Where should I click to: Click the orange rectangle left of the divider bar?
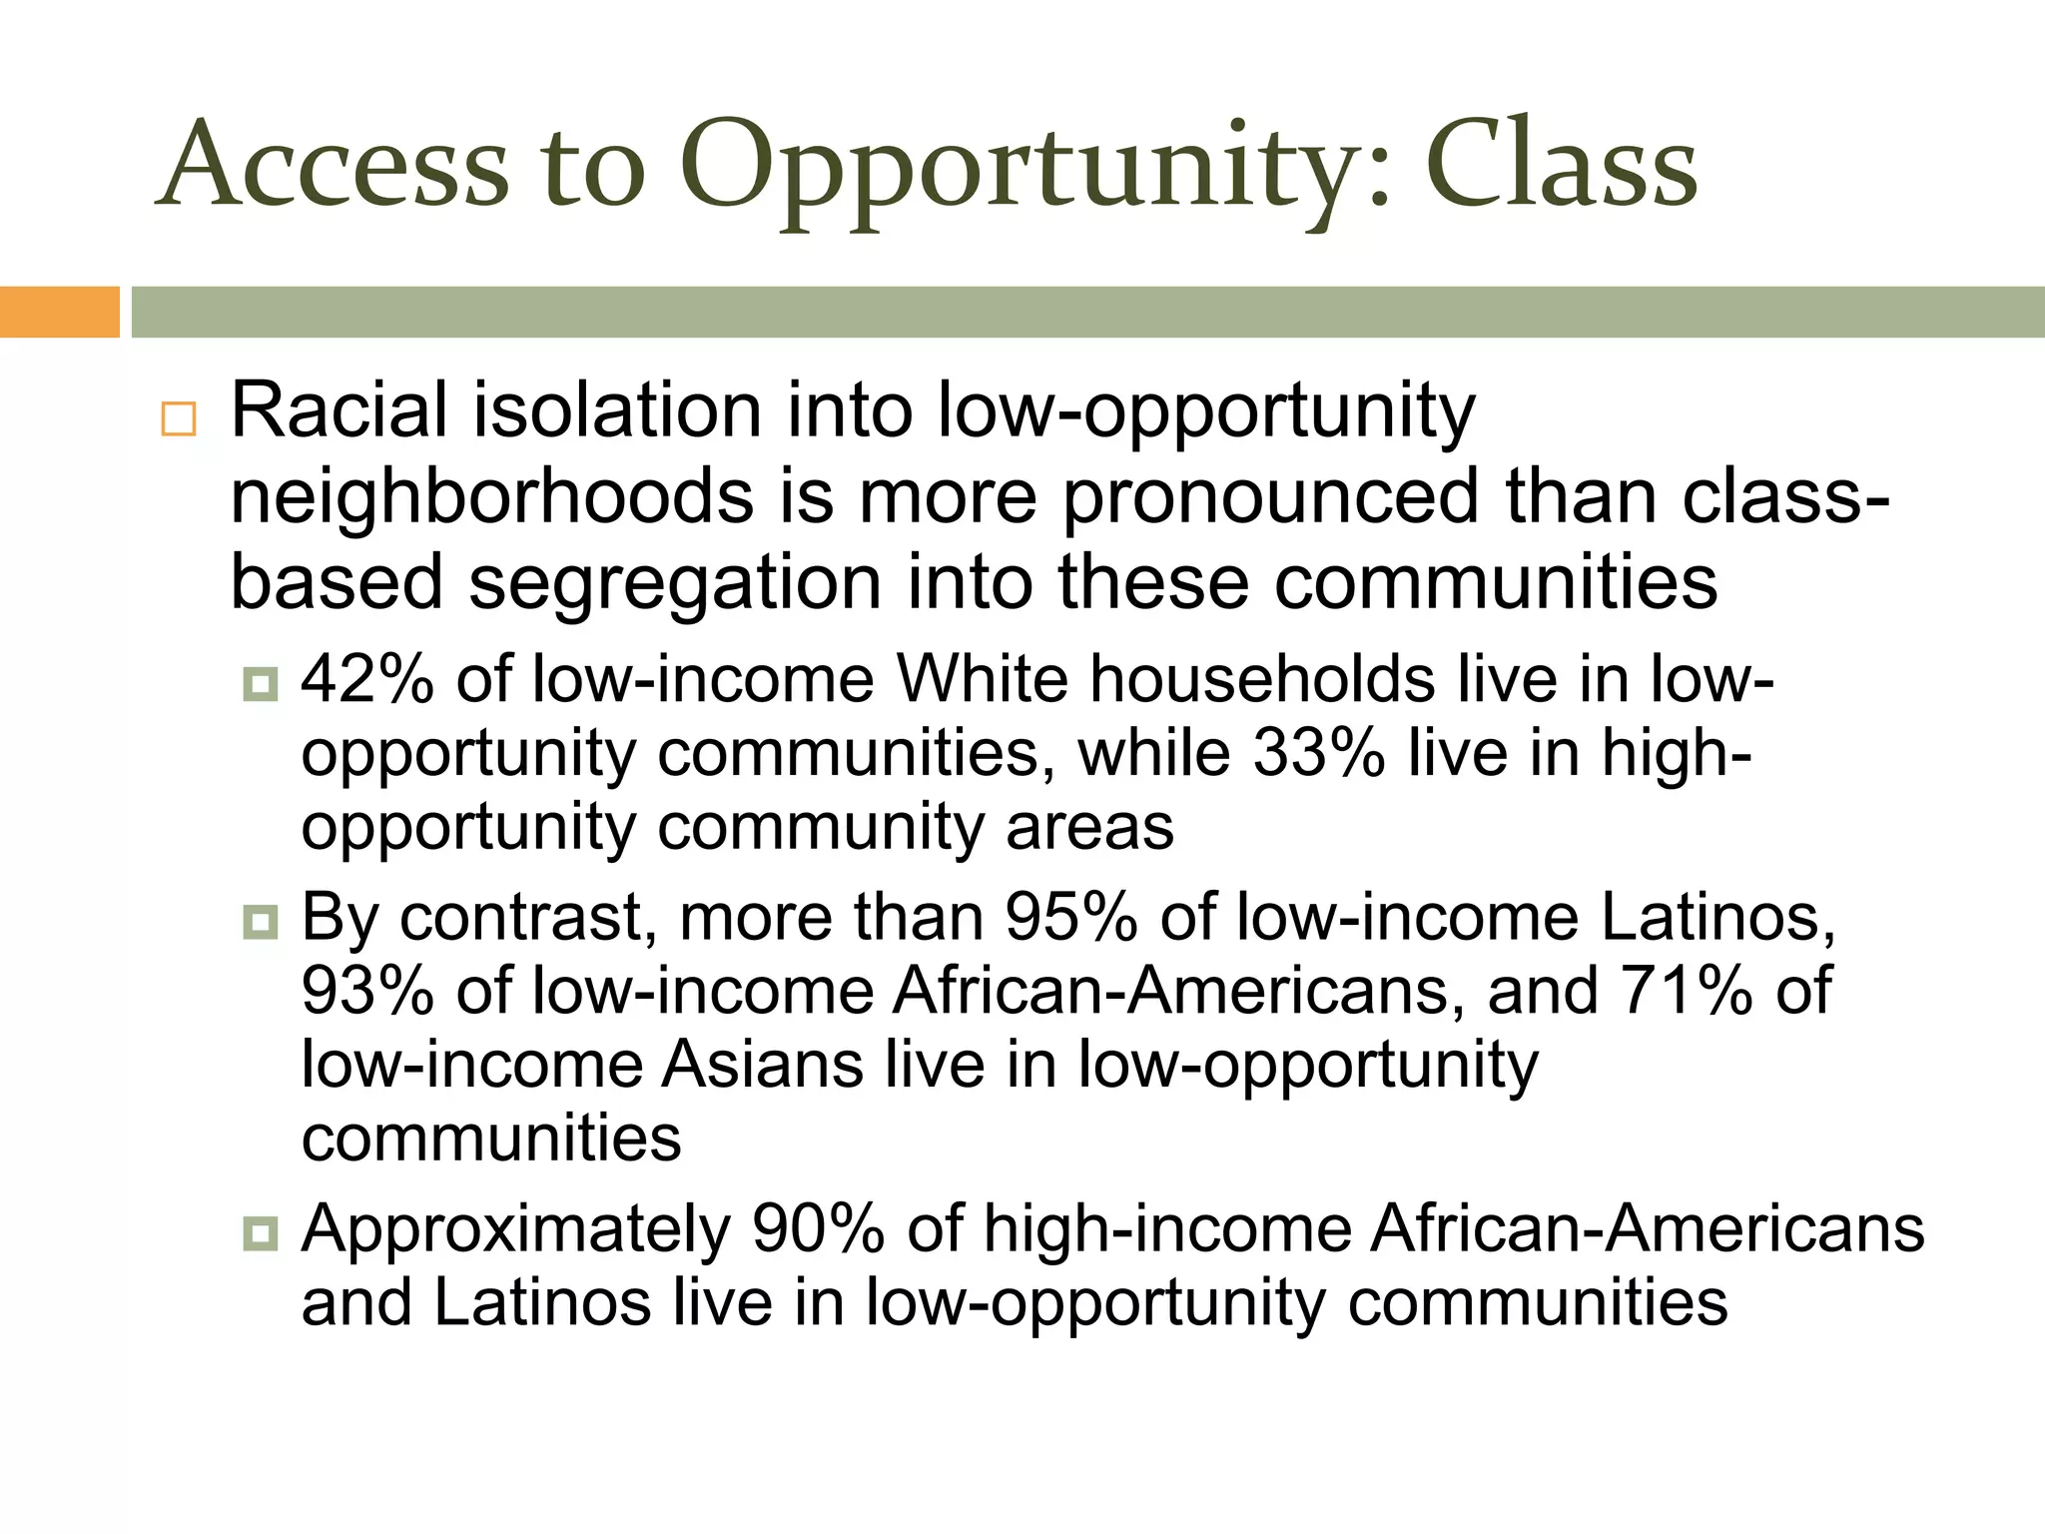[x=59, y=312]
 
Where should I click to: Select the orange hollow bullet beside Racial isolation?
[x=179, y=418]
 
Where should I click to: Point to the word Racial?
[x=340, y=410]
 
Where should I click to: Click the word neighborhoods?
[x=491, y=496]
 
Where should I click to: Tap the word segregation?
[x=675, y=582]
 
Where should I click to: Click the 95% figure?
[x=1070, y=917]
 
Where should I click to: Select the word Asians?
[x=762, y=1065]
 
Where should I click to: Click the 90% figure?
[x=818, y=1228]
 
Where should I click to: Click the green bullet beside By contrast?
[x=261, y=922]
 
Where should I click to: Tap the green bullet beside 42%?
[x=261, y=684]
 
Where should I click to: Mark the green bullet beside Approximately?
[x=261, y=1233]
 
